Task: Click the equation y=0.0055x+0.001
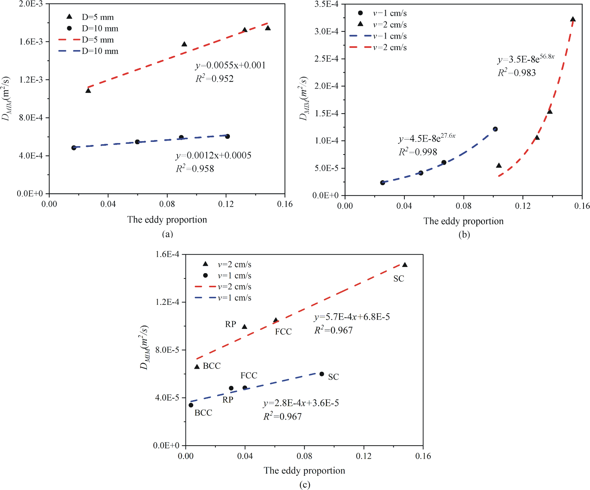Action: click(x=230, y=65)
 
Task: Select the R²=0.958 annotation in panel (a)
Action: click(x=195, y=168)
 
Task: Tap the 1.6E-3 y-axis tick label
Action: click(x=31, y=42)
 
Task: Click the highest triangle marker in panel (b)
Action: click(x=573, y=19)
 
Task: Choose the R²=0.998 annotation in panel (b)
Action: click(x=418, y=152)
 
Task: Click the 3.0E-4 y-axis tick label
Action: click(x=326, y=31)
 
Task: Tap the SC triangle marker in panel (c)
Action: click(x=405, y=265)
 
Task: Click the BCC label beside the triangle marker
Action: click(x=212, y=366)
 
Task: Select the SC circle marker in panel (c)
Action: click(x=322, y=374)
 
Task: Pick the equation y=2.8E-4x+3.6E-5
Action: click(x=301, y=403)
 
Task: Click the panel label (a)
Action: click(x=167, y=234)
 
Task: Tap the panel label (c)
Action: click(x=305, y=485)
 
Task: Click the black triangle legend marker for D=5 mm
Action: click(x=69, y=17)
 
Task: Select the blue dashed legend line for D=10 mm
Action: click(x=69, y=51)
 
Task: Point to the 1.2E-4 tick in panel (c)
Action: click(x=167, y=302)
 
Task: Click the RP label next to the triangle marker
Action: click(x=231, y=324)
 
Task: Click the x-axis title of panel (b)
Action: click(x=464, y=221)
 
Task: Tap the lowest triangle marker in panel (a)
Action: click(x=88, y=90)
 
